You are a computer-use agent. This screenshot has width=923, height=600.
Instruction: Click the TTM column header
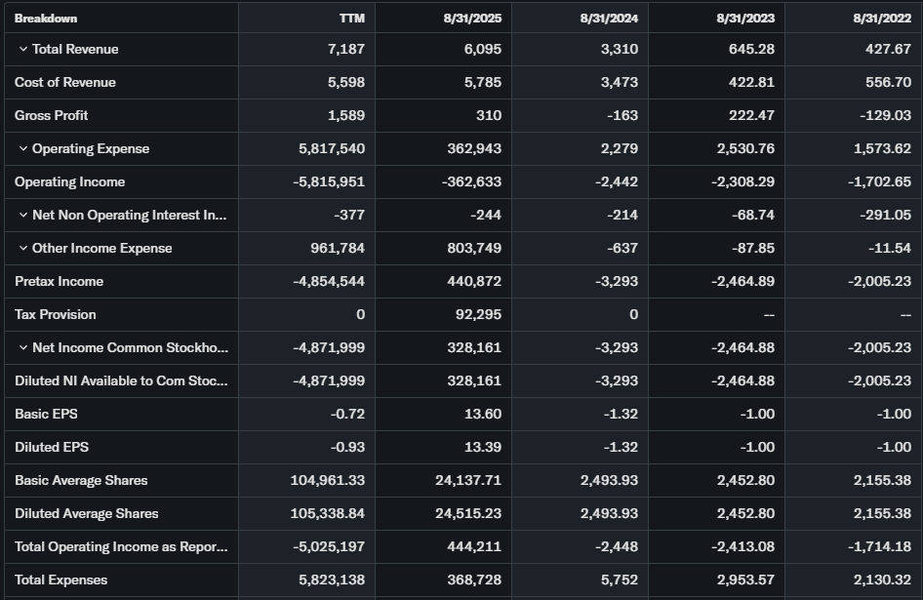(x=351, y=19)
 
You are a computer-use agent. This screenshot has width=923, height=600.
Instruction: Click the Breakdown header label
(x=46, y=19)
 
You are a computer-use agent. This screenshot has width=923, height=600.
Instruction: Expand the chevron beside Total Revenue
(x=22, y=50)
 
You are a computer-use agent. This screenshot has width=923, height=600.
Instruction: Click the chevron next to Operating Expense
(x=22, y=149)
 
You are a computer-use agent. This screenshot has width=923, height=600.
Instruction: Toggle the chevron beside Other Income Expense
(x=22, y=249)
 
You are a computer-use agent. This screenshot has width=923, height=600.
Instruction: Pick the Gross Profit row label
(x=51, y=115)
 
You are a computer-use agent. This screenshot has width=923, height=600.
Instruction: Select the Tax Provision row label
(x=55, y=314)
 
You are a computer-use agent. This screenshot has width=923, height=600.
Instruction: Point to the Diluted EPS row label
(x=51, y=447)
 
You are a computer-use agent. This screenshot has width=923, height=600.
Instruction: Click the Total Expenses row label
(x=60, y=580)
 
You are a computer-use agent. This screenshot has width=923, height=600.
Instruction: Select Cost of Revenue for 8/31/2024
(x=619, y=83)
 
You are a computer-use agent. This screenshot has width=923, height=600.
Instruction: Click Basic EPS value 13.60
(x=483, y=414)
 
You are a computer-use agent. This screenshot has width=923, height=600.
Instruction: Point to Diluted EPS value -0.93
(x=347, y=447)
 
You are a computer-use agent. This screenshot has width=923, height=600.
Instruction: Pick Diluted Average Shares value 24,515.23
(x=468, y=513)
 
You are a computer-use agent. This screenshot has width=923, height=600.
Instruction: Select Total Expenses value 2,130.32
(x=882, y=580)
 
